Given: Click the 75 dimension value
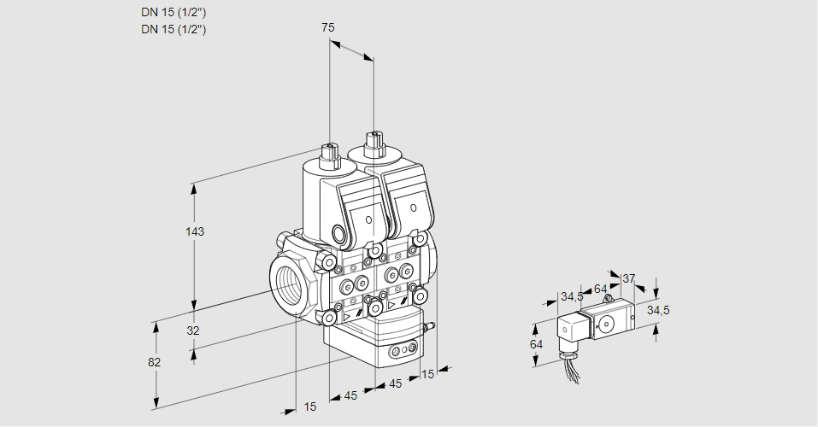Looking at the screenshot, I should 327,27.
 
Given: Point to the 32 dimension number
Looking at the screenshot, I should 192,330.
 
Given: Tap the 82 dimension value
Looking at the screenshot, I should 154,362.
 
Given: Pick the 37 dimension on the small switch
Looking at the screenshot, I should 628,278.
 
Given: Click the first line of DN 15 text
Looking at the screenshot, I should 174,12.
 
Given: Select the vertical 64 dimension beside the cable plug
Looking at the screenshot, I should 536,344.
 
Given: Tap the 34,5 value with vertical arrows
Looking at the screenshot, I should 658,310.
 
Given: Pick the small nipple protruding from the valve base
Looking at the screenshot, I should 430,325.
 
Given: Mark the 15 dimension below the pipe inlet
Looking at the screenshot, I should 309,407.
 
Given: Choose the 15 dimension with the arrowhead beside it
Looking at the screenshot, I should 427,373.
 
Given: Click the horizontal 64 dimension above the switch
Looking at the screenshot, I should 600,289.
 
